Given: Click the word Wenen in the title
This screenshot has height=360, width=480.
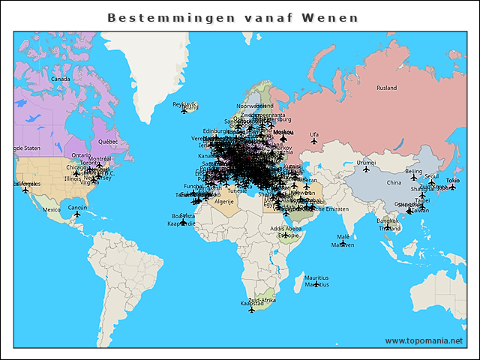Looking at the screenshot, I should point(331,17).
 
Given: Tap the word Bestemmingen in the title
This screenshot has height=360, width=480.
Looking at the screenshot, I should point(167,17).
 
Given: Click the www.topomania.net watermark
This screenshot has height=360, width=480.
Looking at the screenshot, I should point(424,340).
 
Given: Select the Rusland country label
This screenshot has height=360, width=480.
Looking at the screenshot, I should point(386,88).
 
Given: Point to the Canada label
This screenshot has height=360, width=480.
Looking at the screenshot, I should point(60,79).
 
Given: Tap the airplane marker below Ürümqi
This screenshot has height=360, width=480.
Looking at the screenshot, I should point(366,169).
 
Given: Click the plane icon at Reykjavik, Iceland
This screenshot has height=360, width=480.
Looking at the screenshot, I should point(184,111).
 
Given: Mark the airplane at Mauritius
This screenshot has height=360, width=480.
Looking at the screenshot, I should point(316,284).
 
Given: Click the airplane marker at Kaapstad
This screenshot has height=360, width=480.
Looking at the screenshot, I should point(251,309).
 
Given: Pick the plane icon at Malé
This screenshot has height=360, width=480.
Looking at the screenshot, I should point(343,243).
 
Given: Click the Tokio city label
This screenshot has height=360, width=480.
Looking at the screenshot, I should point(452,181).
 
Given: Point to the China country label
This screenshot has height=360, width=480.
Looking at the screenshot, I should point(394,182).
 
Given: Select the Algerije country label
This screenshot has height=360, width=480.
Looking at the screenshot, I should point(225,202).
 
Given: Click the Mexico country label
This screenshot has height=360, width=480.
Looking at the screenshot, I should point(51,210).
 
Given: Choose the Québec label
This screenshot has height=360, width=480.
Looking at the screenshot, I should point(108,141).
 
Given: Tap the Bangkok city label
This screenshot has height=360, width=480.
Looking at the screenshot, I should point(387,221).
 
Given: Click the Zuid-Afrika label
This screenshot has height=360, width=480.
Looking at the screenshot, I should point(262,299).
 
